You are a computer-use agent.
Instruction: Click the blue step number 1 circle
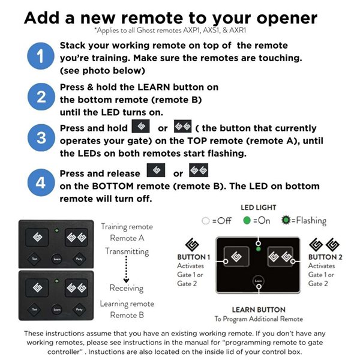click(x=40, y=58)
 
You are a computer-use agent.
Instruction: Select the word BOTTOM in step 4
click(x=104, y=186)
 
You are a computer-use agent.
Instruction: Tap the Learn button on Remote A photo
click(x=56, y=259)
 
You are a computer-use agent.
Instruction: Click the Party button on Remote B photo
click(x=79, y=309)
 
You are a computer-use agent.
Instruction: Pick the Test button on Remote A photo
click(x=34, y=259)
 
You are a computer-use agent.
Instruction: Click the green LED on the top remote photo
click(x=56, y=230)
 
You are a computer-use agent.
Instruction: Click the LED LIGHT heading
click(x=258, y=208)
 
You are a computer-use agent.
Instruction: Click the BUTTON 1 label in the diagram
click(x=192, y=257)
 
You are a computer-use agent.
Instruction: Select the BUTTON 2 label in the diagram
click(x=323, y=257)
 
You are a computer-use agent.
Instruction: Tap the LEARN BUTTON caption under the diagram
click(x=259, y=310)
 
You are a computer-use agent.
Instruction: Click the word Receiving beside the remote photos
click(x=127, y=288)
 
